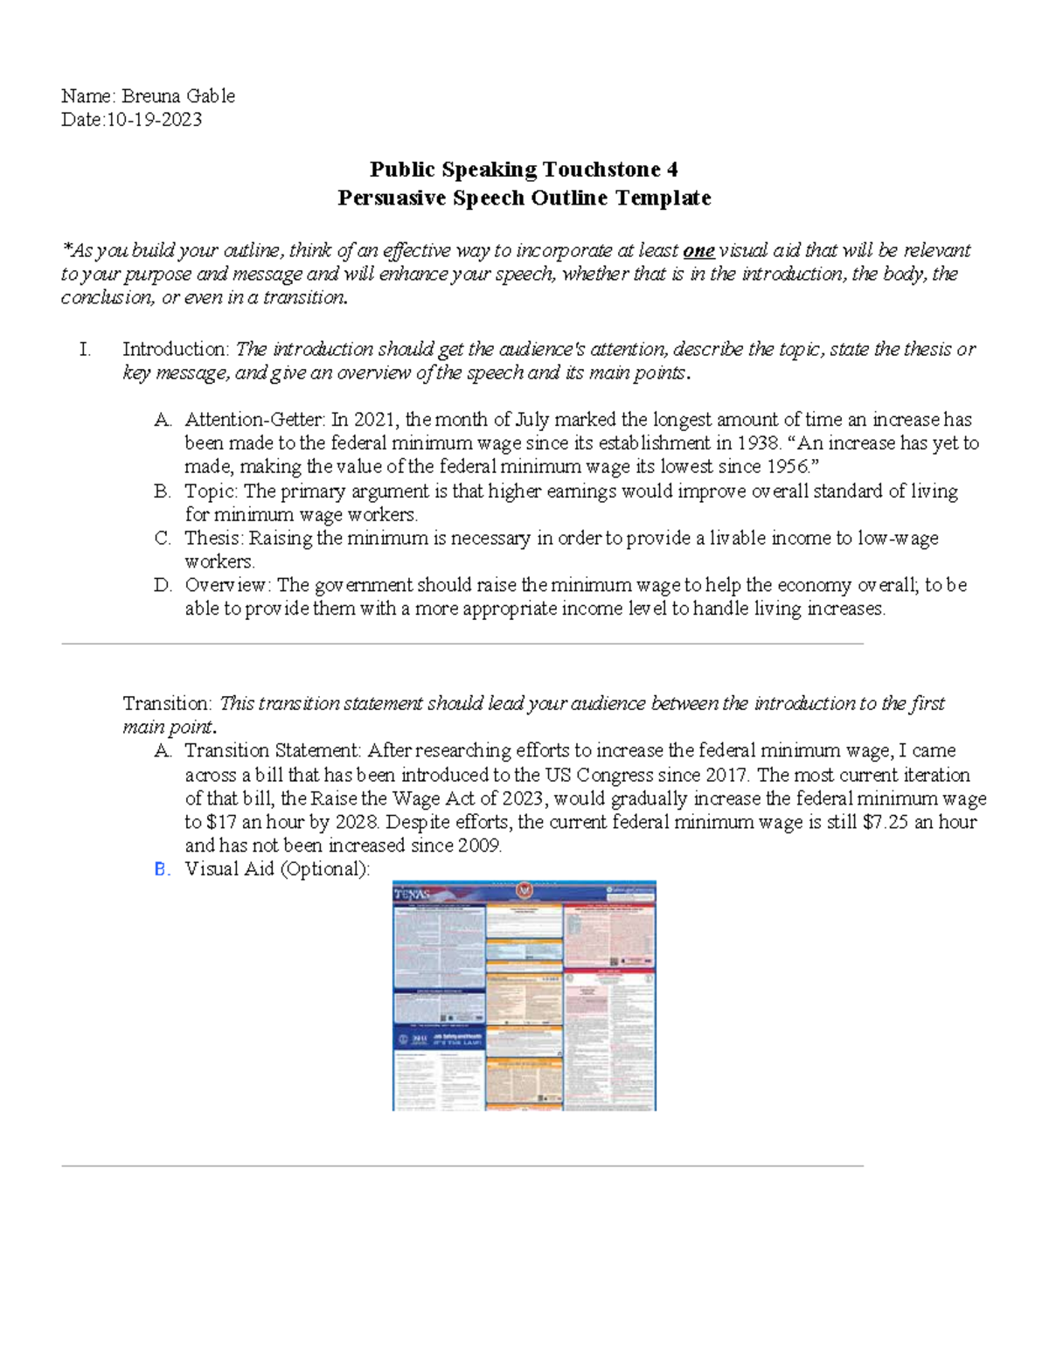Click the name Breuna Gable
177,96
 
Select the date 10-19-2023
154,120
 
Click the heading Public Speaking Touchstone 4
524,169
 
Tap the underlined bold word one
698,251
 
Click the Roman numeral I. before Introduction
85,350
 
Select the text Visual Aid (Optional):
277,869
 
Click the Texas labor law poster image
524,995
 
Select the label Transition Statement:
273,751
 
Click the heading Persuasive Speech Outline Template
524,198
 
